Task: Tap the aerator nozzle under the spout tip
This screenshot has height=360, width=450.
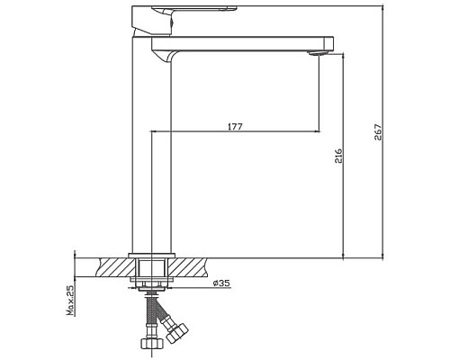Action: click(315, 54)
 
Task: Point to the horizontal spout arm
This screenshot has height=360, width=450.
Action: click(243, 43)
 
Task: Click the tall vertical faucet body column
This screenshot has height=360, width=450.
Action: click(149, 153)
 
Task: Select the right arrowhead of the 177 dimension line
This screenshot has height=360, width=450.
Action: click(317, 131)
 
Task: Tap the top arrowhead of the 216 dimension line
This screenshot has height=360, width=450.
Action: click(344, 54)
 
